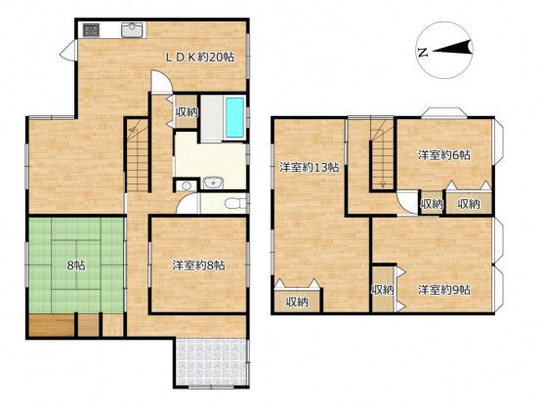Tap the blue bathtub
click(234, 118)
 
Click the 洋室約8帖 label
click(199, 265)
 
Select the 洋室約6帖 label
click(444, 154)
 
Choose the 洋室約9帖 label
click(444, 289)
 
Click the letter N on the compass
click(422, 52)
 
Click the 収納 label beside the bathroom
click(187, 113)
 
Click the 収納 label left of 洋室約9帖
click(383, 290)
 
